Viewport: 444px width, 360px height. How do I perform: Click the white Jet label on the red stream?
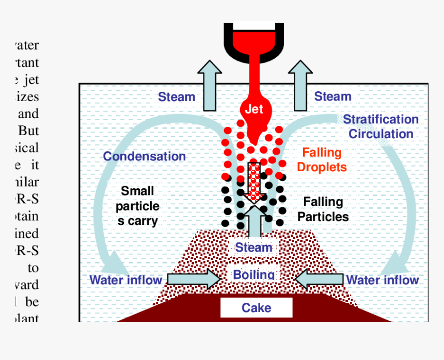point(253,109)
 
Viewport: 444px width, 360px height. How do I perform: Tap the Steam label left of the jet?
point(177,96)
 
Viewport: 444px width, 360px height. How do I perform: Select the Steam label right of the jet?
point(332,96)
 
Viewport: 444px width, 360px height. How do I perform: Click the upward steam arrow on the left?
point(209,86)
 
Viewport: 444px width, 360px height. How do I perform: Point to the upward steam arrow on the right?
point(300,86)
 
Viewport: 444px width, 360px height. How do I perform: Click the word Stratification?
point(381,120)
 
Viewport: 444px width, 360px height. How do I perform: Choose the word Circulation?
point(381,134)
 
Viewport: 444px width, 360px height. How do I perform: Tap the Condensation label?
point(145,156)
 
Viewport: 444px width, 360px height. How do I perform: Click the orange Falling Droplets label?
point(322,160)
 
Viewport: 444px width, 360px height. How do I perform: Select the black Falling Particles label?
point(323,209)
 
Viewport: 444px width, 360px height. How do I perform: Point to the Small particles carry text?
point(137,206)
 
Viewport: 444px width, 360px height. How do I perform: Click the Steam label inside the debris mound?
point(253,248)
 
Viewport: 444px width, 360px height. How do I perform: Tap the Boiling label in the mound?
point(253,274)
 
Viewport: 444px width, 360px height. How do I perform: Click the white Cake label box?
point(256,308)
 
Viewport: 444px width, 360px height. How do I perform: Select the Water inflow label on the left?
point(126,280)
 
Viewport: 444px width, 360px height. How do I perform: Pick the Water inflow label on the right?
point(383,280)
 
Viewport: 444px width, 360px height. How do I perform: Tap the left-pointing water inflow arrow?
point(319,279)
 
